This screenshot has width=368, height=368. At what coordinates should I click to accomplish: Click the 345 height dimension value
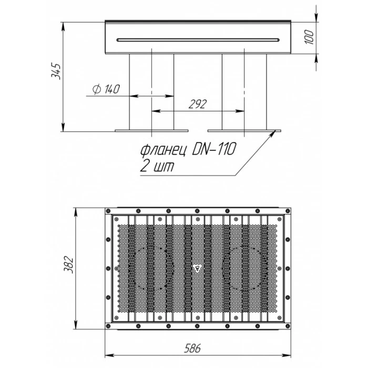pos(56,71)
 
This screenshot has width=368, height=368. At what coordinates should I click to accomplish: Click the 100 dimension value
pos(309,37)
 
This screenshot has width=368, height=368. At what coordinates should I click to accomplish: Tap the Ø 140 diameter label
pos(106,89)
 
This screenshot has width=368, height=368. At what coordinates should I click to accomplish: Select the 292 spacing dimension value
pos(198,104)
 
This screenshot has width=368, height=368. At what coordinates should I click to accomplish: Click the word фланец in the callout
pos(163,150)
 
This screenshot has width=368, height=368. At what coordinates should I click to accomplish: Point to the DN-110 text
pos(213,149)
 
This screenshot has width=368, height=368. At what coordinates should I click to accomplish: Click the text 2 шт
pos(157,166)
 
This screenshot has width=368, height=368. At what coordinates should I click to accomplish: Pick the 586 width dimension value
pos(192,348)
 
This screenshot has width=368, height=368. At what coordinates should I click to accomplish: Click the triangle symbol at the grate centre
pos(198,269)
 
